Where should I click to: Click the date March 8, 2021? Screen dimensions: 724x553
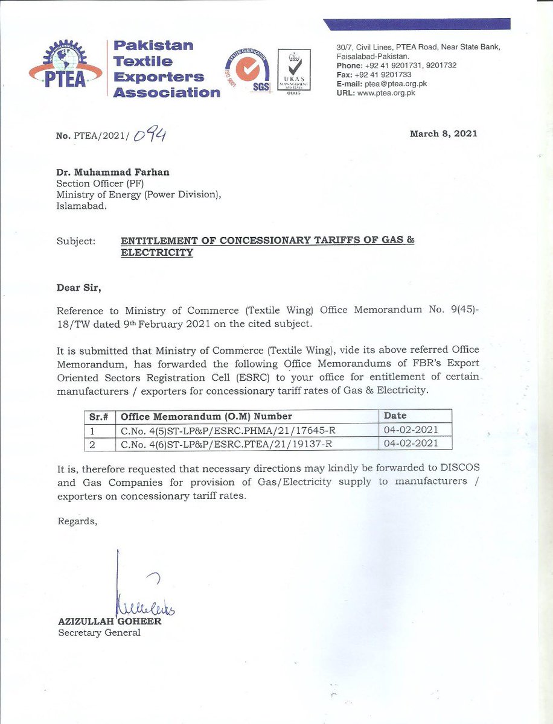click(444, 133)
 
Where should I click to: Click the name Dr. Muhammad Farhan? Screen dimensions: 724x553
click(113, 172)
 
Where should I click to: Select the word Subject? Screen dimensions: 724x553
click(76, 241)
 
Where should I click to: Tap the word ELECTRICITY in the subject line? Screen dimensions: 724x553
click(157, 253)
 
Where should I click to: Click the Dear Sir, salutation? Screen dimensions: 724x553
click(79, 288)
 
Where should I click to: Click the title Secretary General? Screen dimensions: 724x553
click(99, 632)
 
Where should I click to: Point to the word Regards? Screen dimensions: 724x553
click(77, 521)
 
